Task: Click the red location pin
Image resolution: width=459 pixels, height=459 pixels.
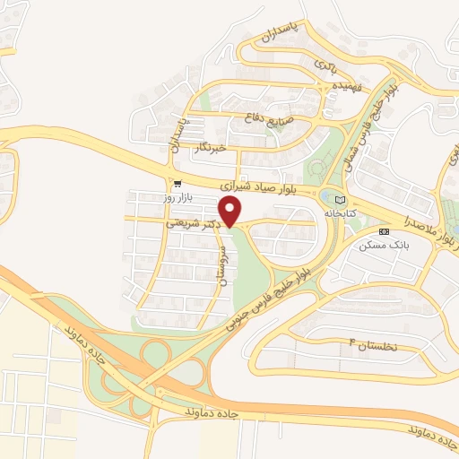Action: [231, 211]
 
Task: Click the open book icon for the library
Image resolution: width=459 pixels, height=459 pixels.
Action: [339, 199]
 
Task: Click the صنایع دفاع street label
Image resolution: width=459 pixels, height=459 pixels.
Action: [266, 117]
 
